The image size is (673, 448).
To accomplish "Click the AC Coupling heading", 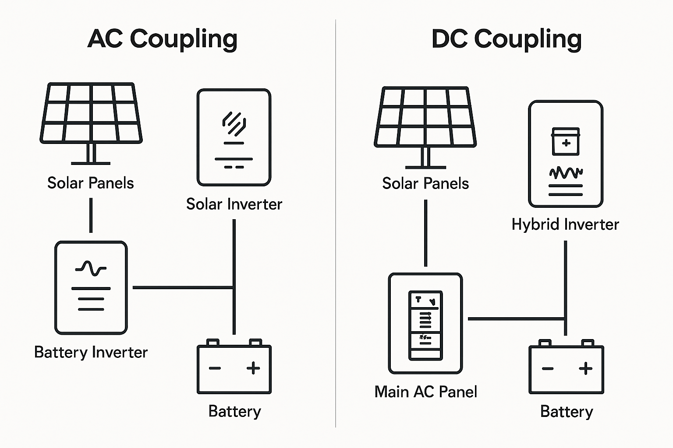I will (162, 39).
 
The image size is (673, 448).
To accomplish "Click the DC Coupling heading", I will (507, 39).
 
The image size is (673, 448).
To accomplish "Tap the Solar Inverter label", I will (234, 204).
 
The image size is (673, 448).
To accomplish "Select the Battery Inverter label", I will (91, 352).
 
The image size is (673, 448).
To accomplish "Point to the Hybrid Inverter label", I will (565, 224).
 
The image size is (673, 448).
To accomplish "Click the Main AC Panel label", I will (425, 392).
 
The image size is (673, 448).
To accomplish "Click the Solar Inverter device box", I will (234, 137).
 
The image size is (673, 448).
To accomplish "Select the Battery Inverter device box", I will (91, 287).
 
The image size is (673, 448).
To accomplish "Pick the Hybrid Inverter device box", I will (566, 154).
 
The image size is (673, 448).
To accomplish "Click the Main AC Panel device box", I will (425, 323).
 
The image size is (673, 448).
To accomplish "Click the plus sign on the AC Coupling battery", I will (253, 368).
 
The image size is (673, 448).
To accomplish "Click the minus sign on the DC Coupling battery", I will (548, 368).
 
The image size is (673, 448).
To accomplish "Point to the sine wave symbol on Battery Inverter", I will (91, 268).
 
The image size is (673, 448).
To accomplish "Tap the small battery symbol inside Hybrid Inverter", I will (566, 141).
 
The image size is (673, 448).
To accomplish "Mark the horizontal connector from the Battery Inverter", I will (183, 287).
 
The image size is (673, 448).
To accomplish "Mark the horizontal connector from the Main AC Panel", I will (516, 318).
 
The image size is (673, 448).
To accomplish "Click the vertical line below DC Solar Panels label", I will (425, 233).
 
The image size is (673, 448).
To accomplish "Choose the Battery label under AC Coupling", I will (234, 411).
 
